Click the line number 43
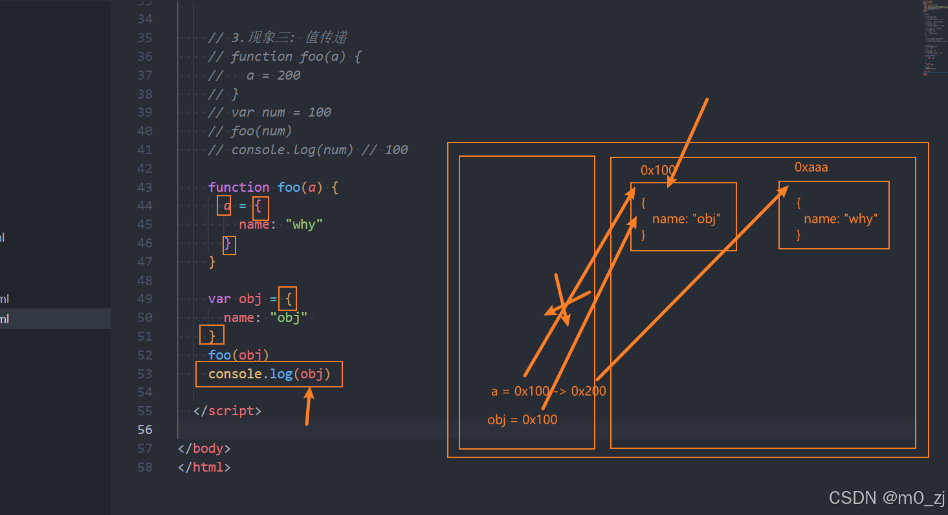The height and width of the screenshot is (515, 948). point(145,187)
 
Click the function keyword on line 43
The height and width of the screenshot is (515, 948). point(239,187)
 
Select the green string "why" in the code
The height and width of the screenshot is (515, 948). point(304,225)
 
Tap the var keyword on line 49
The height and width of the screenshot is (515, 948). point(219,299)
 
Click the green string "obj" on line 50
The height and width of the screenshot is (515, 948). point(289,318)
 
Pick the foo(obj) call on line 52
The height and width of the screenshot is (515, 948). point(238,355)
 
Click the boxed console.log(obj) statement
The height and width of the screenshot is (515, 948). point(269,374)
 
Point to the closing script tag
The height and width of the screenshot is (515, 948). point(227,411)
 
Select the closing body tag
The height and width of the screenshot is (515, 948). point(204,448)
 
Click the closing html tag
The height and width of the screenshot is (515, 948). point(204,467)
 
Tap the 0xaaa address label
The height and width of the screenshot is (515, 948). point(811,167)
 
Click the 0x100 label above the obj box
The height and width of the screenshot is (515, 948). point(657,170)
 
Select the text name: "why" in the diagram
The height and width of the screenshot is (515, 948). point(839,219)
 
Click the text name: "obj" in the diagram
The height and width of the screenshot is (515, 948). point(685,219)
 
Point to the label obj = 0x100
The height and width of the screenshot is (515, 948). point(522,420)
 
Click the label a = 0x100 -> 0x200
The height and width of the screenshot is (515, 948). point(548,391)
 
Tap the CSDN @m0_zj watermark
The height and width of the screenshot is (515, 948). point(887,498)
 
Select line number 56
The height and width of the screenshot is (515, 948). point(145,429)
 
